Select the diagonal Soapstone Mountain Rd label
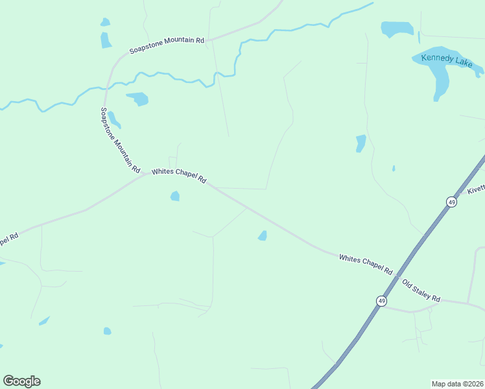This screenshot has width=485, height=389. [x=120, y=139]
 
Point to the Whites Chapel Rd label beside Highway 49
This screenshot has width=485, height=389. [x=366, y=264]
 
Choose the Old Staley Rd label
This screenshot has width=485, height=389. [x=421, y=291]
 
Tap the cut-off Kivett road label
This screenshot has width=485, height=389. [x=477, y=189]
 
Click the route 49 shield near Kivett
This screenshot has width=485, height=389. [x=451, y=202]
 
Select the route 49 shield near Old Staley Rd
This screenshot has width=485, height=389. [x=381, y=301]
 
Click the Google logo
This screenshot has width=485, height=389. [x=21, y=381]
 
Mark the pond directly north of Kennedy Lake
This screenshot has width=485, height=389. [x=397, y=29]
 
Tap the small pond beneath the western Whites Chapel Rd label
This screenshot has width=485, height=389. [x=174, y=196]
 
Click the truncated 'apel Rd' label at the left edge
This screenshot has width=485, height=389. [x=8, y=239]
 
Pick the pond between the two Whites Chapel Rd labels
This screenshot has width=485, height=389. [x=262, y=236]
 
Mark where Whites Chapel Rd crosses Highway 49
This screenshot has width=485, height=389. [x=396, y=274]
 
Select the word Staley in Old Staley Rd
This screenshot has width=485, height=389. [x=423, y=292]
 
